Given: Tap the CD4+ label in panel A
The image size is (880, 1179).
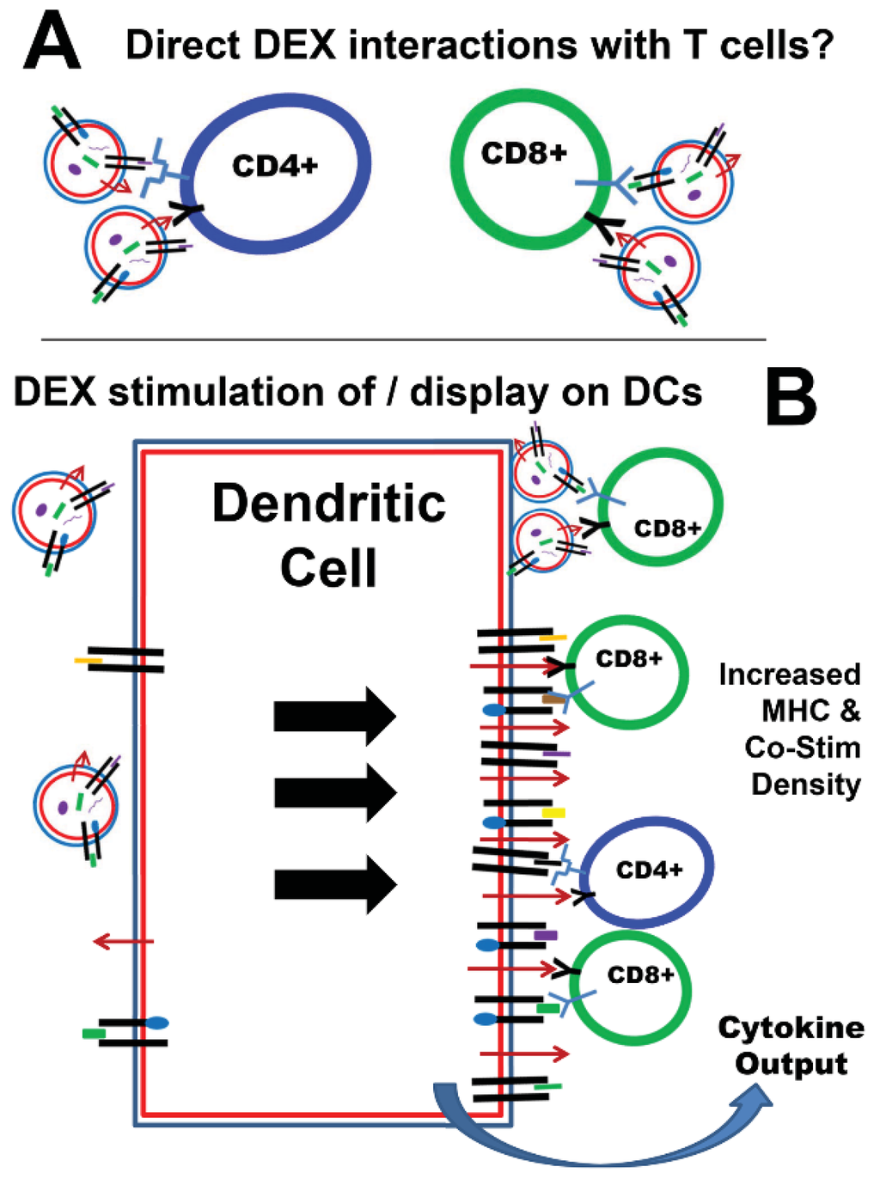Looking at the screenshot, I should pos(275,165).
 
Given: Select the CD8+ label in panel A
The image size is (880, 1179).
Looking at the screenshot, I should pos(523,153).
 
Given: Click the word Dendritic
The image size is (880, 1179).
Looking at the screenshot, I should pos(329,504).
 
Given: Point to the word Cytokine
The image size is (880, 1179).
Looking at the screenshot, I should pos(791,1027).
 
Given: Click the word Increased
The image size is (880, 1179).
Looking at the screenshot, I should pos(789,675).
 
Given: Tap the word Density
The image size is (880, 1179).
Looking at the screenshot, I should pos(805,785).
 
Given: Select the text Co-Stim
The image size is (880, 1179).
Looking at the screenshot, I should pos(803,748).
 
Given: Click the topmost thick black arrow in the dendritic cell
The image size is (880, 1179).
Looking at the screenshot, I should pos(334,716).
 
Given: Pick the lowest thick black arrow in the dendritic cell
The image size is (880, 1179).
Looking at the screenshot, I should pos(334,883).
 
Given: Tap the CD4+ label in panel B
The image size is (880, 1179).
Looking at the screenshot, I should pos(649,871).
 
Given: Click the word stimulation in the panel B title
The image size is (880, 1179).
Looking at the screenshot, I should pos(241,393).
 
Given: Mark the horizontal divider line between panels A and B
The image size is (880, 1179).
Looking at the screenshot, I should pos(403,339).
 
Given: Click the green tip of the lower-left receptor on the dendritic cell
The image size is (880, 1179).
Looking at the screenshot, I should pos(94,1033).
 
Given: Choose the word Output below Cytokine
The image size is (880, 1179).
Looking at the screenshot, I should pos(791,1064).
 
